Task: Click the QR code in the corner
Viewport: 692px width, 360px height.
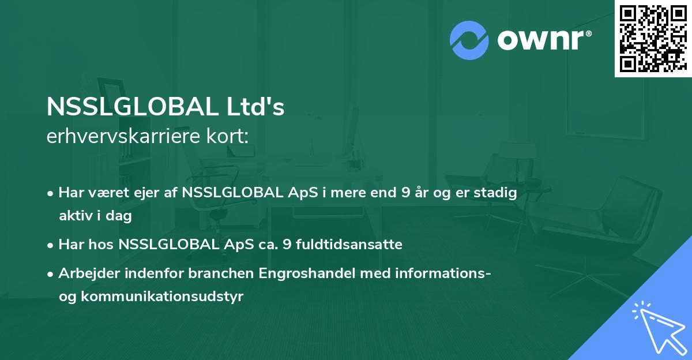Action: pyautogui.click(x=653, y=38)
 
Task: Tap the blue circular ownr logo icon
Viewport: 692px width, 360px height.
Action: pyautogui.click(x=469, y=40)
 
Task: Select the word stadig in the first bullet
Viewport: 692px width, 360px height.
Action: pyautogui.click(x=498, y=193)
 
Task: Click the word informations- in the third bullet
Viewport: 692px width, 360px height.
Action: pyautogui.click(x=443, y=273)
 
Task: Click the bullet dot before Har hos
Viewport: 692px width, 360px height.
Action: pyautogui.click(x=51, y=245)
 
